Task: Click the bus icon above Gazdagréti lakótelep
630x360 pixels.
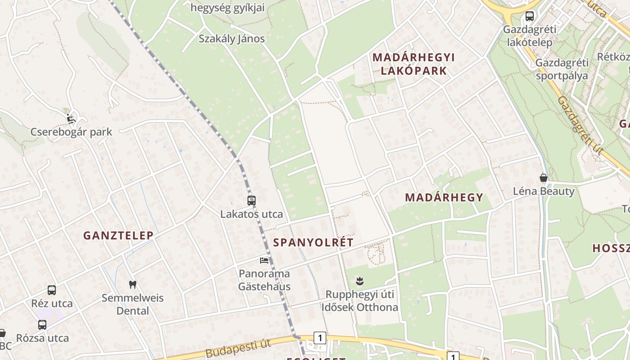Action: (530, 16)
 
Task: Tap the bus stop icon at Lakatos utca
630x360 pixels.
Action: (252, 201)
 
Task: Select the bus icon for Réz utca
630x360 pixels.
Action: (52, 290)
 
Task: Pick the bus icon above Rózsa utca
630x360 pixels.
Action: (42, 324)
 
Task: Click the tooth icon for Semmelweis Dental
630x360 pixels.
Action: (132, 284)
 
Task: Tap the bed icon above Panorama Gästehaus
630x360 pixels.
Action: (264, 260)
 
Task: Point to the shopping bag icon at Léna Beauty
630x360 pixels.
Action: (544, 178)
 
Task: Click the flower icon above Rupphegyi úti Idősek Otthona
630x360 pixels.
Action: (359, 281)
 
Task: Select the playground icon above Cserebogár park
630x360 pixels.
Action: (71, 119)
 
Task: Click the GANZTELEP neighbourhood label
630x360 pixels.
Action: (118, 235)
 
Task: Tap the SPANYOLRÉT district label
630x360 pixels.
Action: (313, 243)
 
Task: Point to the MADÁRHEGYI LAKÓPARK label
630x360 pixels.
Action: (414, 64)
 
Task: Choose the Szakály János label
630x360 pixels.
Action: (232, 39)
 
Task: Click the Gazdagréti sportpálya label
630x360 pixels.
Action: (562, 69)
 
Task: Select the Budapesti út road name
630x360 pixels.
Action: (238, 349)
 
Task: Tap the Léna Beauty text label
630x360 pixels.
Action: (544, 191)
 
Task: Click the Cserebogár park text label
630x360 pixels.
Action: (71, 132)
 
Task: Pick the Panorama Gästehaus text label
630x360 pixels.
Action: (264, 280)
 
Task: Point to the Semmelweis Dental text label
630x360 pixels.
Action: (132, 304)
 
